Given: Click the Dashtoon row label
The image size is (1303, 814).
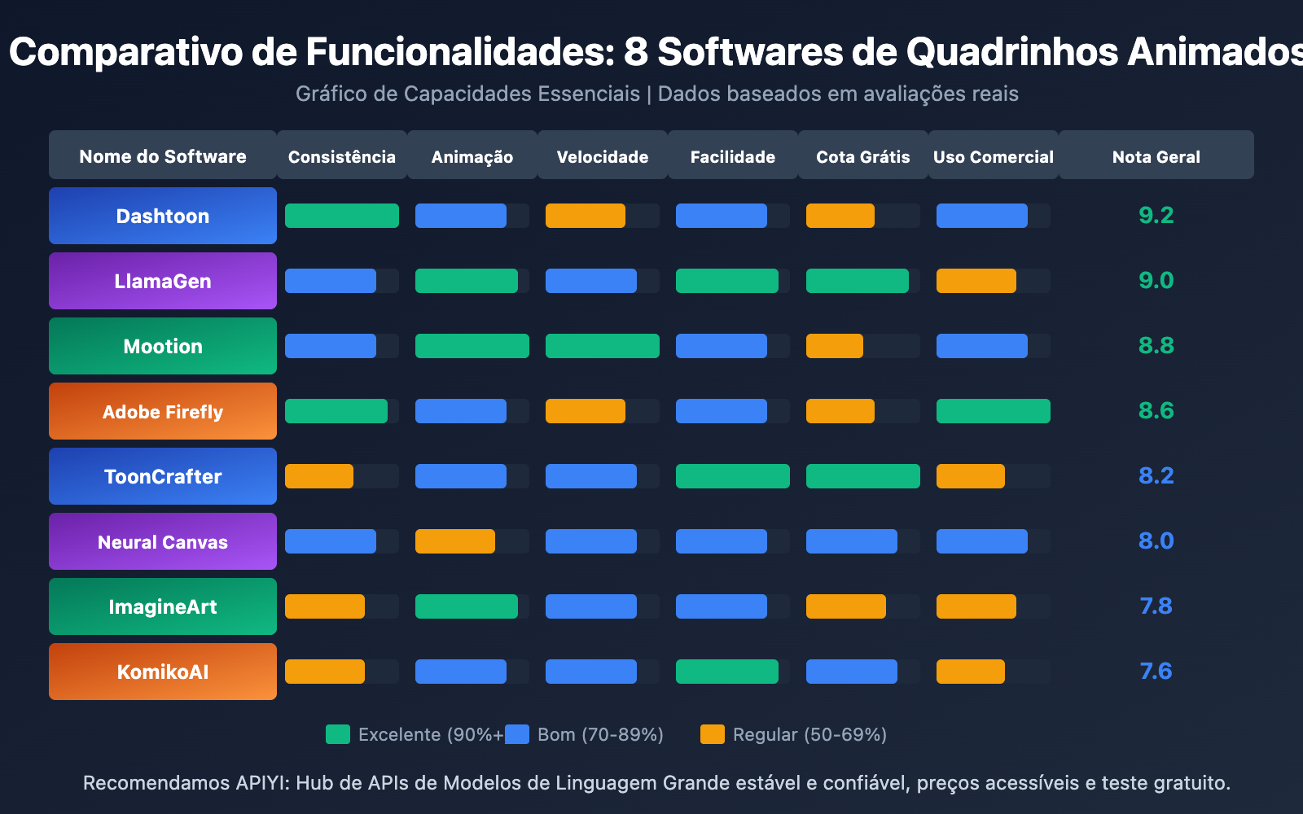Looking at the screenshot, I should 163,216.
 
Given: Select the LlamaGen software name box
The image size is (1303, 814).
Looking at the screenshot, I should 163,281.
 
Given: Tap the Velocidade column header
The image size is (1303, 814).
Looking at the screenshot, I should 603,156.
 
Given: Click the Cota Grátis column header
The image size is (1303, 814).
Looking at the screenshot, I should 863,156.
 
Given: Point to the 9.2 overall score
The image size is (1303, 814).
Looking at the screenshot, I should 1156,216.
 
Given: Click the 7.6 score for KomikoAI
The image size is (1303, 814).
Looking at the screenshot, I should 1156,672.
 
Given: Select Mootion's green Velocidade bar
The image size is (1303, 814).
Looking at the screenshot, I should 603,346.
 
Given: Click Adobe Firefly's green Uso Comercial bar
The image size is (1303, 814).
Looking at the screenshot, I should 994,411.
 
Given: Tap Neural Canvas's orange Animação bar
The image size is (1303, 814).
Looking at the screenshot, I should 455,541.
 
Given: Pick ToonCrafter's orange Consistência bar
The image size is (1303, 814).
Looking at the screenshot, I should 319,476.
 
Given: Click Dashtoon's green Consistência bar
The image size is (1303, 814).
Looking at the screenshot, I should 342,216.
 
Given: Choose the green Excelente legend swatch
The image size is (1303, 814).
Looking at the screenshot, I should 338,734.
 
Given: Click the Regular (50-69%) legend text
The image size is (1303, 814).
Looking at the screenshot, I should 809,734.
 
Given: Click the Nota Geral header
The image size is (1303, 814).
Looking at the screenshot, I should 1156,156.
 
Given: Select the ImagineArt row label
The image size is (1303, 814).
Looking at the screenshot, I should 163,606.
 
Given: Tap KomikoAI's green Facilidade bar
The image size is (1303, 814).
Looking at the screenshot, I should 727,672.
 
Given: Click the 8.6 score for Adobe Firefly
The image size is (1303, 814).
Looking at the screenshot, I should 1156,411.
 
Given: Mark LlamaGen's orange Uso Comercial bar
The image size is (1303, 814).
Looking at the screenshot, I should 976,281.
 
